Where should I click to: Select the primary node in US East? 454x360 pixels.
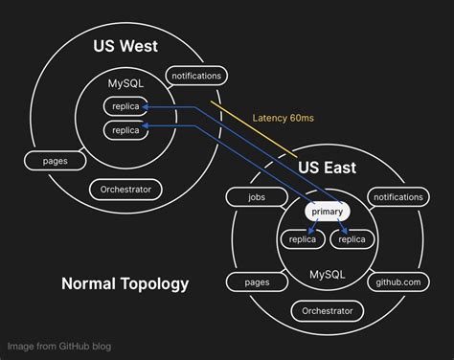tap(328, 210)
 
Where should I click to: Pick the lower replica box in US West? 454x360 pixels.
tap(126, 128)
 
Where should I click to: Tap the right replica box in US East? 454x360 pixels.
tap(352, 239)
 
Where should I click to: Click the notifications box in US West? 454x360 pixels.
tap(196, 76)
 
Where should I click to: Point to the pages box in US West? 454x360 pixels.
tap(55, 161)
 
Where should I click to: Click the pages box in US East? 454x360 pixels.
tap(257, 282)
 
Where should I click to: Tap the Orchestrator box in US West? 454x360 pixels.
tap(125, 190)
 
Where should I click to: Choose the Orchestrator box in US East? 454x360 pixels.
tap(328, 311)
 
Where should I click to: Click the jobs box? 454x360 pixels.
tap(257, 197)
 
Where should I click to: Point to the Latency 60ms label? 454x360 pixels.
tap(284, 119)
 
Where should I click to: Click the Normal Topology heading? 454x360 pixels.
tap(125, 283)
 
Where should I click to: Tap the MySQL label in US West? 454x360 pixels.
tap(126, 84)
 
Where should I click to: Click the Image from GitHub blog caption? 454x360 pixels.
tap(57, 346)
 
